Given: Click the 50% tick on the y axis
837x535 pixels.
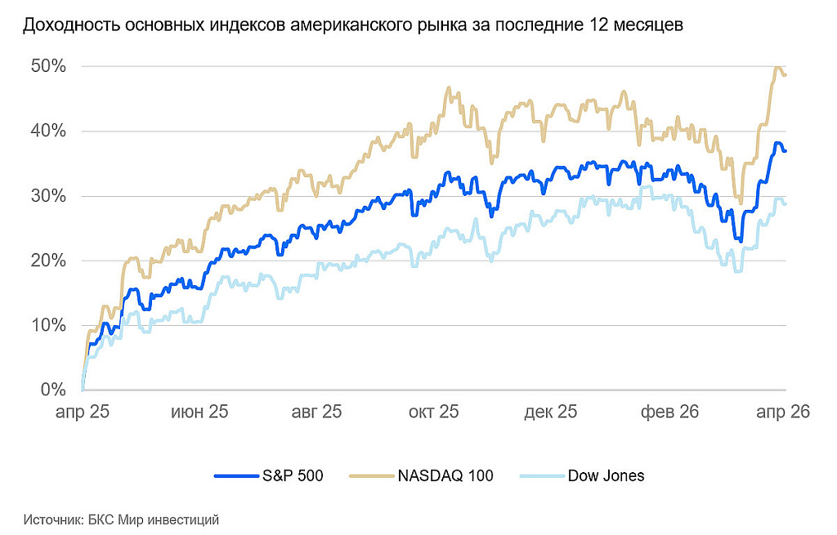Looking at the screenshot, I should coord(49,66).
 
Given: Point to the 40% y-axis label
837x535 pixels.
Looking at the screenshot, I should coord(49,131).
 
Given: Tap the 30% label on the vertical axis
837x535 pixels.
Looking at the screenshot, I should coord(49,196).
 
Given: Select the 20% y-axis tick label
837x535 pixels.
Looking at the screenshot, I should coord(49,261).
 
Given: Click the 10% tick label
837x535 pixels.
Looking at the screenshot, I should coord(49,325).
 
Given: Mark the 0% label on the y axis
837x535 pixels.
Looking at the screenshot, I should coord(54,390).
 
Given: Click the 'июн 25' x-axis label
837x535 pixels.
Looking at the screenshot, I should coord(199,412).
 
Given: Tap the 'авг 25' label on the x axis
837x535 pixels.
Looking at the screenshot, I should coord(316,412).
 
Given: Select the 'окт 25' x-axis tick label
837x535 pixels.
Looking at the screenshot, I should coord(434,412).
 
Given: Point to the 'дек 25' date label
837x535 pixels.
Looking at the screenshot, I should coord(552,412).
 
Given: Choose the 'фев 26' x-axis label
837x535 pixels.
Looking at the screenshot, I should coord(669,412).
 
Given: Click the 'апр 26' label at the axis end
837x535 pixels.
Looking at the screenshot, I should coord(782,412).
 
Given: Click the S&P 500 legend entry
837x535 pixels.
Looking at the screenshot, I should coord(293,475).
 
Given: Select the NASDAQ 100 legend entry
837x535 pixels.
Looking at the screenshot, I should coord(445,475).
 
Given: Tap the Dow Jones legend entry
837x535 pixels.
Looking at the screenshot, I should coord(606,475).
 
